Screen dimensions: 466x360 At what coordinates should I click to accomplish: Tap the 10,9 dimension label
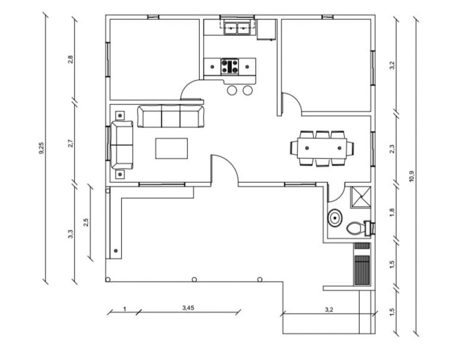[x=412, y=176]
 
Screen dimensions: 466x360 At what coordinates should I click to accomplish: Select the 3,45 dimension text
[x=188, y=308]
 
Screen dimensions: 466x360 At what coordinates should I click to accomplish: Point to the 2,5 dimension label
[x=86, y=223]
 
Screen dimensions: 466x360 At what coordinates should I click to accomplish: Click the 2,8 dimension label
[x=70, y=60]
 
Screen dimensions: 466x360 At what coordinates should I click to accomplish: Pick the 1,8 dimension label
[x=392, y=212]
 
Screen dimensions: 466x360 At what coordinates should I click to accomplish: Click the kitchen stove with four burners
[x=230, y=67]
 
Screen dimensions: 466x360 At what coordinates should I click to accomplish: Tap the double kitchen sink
[x=237, y=28]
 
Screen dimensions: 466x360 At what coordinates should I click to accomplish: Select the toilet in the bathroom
[x=359, y=228]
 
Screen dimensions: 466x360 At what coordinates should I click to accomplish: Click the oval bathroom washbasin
[x=335, y=218]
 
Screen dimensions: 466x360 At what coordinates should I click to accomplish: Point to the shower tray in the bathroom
[x=361, y=196]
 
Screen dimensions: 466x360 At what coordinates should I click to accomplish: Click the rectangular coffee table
[x=171, y=148]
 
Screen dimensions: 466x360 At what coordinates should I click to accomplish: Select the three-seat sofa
[x=171, y=116]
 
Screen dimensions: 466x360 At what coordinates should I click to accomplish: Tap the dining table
[x=323, y=148]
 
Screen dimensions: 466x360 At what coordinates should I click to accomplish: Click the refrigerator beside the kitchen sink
[x=266, y=30]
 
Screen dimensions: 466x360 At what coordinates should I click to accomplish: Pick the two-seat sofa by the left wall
[x=122, y=145]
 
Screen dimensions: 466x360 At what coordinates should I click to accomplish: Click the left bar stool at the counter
[x=232, y=90]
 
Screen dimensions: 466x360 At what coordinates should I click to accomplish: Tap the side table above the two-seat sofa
[x=120, y=115]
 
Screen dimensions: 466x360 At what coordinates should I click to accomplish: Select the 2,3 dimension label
[x=392, y=149]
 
